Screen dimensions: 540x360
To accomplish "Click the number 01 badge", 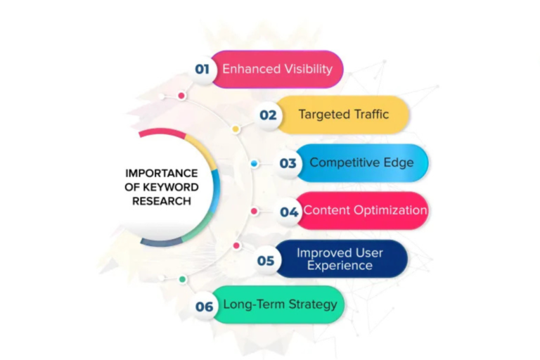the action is [202, 69].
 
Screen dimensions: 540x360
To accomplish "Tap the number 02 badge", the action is [268, 115].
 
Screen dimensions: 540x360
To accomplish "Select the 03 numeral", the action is [288, 163].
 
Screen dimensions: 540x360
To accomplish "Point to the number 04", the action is [289, 212].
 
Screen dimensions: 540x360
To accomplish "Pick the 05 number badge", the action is [266, 261].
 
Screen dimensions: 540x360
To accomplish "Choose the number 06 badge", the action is [204, 307].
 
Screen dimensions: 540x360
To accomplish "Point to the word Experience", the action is [340, 266].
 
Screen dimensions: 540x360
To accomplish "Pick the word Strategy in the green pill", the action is [313, 304].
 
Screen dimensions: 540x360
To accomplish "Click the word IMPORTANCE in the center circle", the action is [162, 173].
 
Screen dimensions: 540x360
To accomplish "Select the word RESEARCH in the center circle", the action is [162, 201].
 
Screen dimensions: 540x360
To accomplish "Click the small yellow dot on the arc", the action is [236, 129].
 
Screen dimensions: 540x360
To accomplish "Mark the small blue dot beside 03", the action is [254, 164].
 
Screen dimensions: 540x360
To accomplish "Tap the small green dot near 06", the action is [183, 279].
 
